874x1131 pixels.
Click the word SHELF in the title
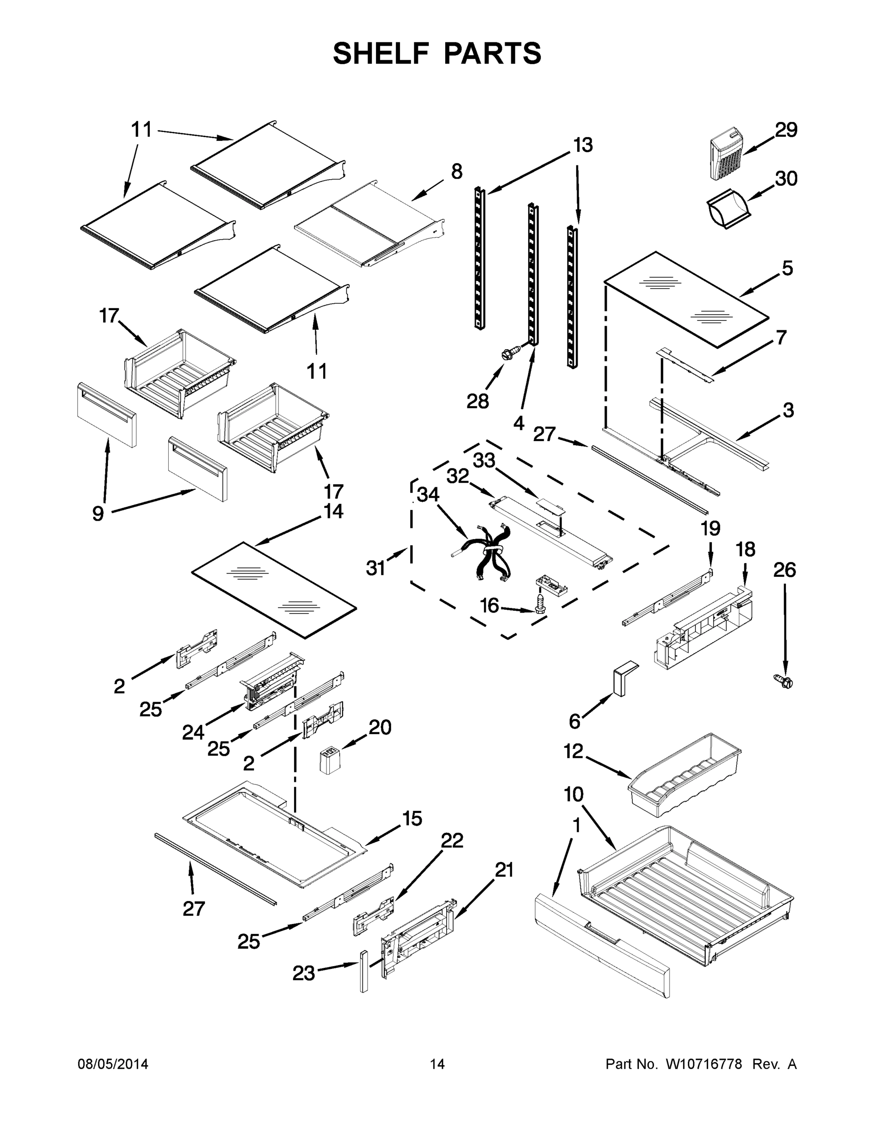pyautogui.click(x=382, y=53)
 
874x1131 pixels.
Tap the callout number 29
pyautogui.click(x=785, y=130)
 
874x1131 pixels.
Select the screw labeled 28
pyautogui.click(x=507, y=355)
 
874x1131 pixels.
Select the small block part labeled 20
pyautogui.click(x=329, y=761)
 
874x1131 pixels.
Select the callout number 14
pyautogui.click(x=333, y=511)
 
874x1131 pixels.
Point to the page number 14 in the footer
pyautogui.click(x=437, y=1064)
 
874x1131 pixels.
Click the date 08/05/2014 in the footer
pyautogui.click(x=113, y=1064)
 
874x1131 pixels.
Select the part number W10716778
pyautogui.click(x=703, y=1064)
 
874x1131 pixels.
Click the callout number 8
pyautogui.click(x=456, y=172)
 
